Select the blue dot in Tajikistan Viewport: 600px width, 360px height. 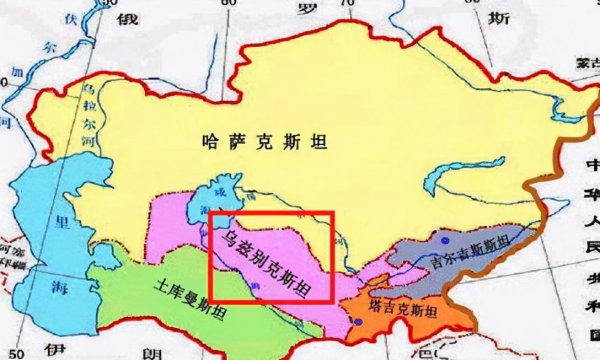[357, 320]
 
